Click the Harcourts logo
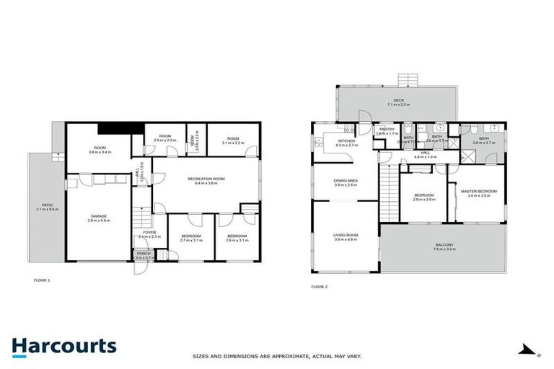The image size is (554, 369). (63, 346)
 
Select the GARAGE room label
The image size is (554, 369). (98, 215)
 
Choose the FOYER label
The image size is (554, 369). (149, 232)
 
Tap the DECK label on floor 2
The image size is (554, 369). (398, 100)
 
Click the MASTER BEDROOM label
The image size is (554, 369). (479, 191)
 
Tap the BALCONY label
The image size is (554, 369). (444, 245)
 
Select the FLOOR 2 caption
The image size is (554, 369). (319, 286)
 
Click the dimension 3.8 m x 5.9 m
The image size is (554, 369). (98, 221)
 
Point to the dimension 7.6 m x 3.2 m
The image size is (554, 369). (444, 250)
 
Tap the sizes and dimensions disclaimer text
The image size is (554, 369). (276, 356)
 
